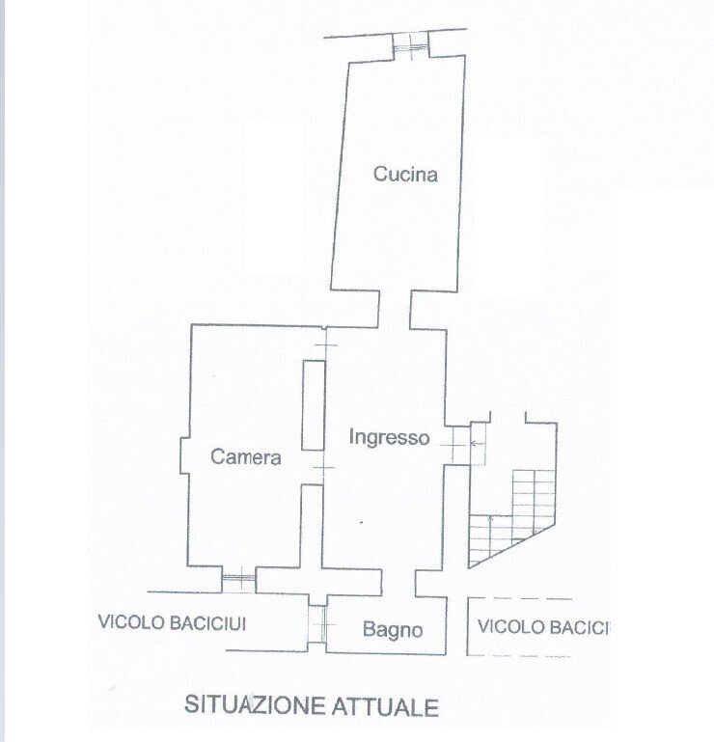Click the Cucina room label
(405, 175)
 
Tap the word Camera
(246, 457)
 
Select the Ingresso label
(388, 437)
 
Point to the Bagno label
(393, 630)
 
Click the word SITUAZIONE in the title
(252, 706)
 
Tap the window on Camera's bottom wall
(237, 582)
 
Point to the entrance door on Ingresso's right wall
(453, 443)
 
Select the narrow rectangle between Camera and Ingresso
(312, 404)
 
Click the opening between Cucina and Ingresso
(394, 308)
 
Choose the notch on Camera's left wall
(184, 456)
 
